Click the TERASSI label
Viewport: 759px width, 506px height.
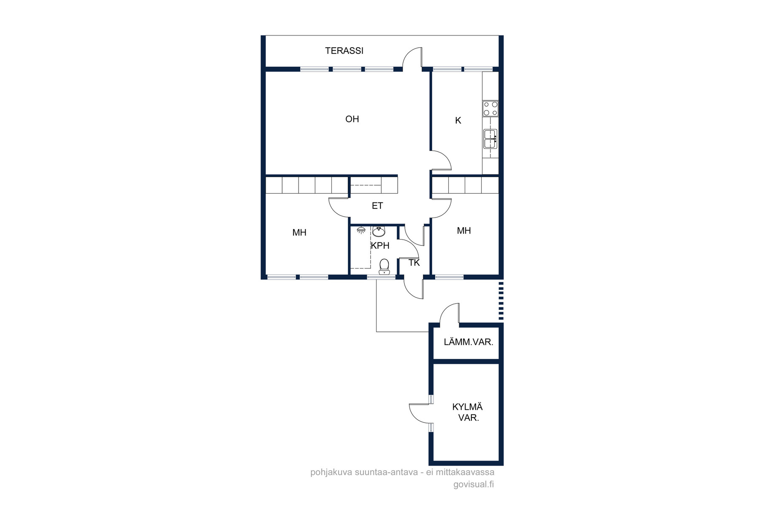pyautogui.click(x=344, y=51)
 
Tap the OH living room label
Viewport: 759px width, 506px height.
pyautogui.click(x=352, y=119)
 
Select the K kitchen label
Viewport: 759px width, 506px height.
pyautogui.click(x=458, y=121)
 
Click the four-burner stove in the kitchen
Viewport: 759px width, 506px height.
pyautogui.click(x=490, y=108)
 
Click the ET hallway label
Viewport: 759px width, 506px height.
pyautogui.click(x=377, y=206)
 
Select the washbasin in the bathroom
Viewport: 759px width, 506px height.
pyautogui.click(x=379, y=231)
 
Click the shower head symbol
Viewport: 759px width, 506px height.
pyautogui.click(x=361, y=230)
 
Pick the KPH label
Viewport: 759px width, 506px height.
pyautogui.click(x=380, y=245)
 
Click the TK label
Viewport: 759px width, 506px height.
pyautogui.click(x=414, y=263)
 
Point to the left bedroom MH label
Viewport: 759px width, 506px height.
pyautogui.click(x=299, y=232)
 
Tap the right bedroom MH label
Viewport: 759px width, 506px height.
pyautogui.click(x=464, y=231)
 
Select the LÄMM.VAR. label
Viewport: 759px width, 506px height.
pyautogui.click(x=468, y=342)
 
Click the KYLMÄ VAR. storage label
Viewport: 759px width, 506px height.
pyautogui.click(x=468, y=412)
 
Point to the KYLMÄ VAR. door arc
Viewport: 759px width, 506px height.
pyautogui.click(x=415, y=417)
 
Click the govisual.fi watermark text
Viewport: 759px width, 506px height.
pyautogui.click(x=474, y=484)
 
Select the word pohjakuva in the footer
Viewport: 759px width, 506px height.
pyautogui.click(x=331, y=472)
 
